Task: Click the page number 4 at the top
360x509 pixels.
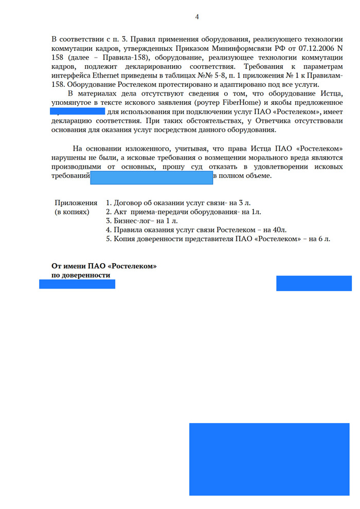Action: click(x=197, y=17)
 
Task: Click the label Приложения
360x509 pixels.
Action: click(x=76, y=203)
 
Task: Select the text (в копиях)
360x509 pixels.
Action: click(x=72, y=212)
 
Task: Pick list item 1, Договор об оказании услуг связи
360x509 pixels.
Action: click(x=178, y=203)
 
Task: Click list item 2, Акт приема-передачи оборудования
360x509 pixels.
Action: click(x=183, y=212)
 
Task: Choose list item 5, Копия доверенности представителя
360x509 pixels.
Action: click(x=218, y=239)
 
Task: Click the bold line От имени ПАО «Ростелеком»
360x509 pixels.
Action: click(x=104, y=266)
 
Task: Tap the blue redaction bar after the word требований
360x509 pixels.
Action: click(x=152, y=177)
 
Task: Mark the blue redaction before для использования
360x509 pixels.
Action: click(x=77, y=112)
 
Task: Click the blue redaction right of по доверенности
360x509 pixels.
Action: click(x=314, y=283)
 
